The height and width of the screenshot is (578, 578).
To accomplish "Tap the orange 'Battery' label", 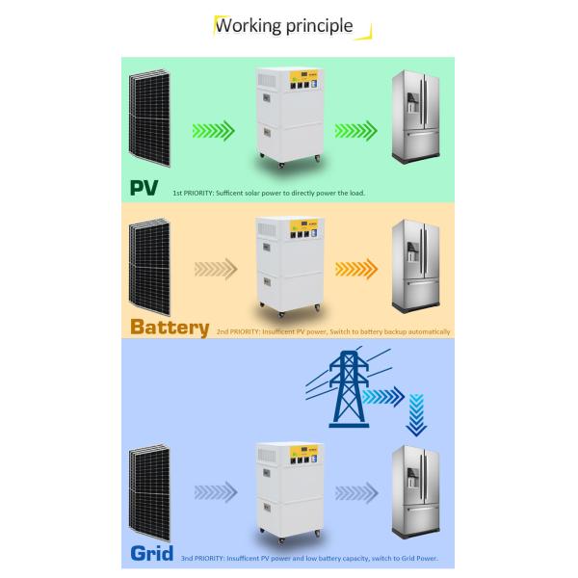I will (170, 327).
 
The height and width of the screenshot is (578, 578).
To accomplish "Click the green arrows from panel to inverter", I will (213, 130).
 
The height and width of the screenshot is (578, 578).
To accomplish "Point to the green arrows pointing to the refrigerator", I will (355, 130).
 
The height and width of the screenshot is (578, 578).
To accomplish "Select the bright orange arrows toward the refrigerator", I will (355, 269).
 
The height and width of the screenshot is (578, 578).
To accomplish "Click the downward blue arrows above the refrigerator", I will (416, 413).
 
